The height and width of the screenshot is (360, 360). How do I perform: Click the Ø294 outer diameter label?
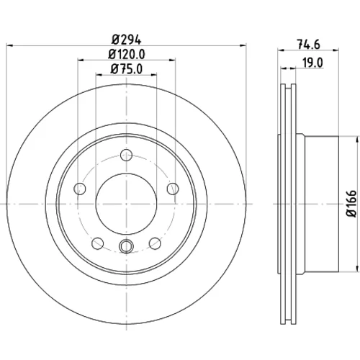(x=126, y=40)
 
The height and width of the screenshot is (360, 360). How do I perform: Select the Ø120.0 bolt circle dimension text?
(x=127, y=54)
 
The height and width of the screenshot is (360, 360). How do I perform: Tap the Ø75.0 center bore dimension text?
(x=127, y=69)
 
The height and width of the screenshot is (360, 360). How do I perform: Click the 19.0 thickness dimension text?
(x=312, y=63)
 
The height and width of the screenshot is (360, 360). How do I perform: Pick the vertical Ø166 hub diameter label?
(x=353, y=204)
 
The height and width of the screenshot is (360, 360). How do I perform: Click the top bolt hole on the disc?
(x=126, y=155)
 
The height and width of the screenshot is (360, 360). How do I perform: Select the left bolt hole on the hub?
(x=80, y=189)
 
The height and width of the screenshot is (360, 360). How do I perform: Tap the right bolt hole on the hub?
(x=173, y=189)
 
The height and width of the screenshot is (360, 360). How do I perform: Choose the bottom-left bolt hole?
(x=97, y=243)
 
